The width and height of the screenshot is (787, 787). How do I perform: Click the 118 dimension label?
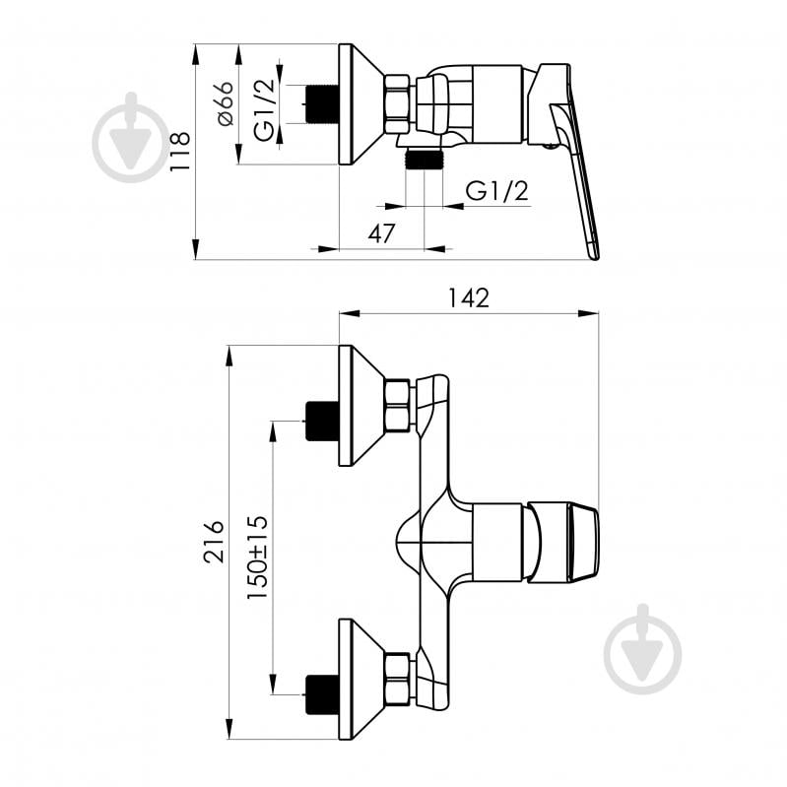(179, 151)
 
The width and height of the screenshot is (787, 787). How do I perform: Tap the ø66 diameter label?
(225, 102)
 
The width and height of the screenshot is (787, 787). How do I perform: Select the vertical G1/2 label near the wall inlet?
(265, 110)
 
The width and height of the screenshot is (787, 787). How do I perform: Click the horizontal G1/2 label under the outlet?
(496, 191)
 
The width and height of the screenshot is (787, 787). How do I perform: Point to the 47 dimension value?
(381, 233)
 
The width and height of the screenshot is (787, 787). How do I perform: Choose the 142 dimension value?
(468, 297)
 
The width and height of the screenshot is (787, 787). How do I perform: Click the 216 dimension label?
(214, 541)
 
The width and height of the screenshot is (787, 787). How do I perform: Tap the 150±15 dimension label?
(257, 557)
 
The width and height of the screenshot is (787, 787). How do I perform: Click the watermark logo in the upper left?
(130, 138)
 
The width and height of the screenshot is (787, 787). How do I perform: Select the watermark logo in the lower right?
(643, 649)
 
